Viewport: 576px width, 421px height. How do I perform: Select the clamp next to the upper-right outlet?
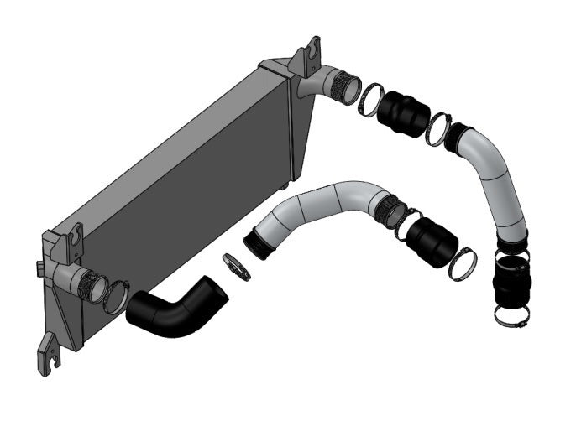point(371,100)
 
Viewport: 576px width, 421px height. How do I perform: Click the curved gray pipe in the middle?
point(323,206)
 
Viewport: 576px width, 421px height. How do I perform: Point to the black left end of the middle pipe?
point(259,243)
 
